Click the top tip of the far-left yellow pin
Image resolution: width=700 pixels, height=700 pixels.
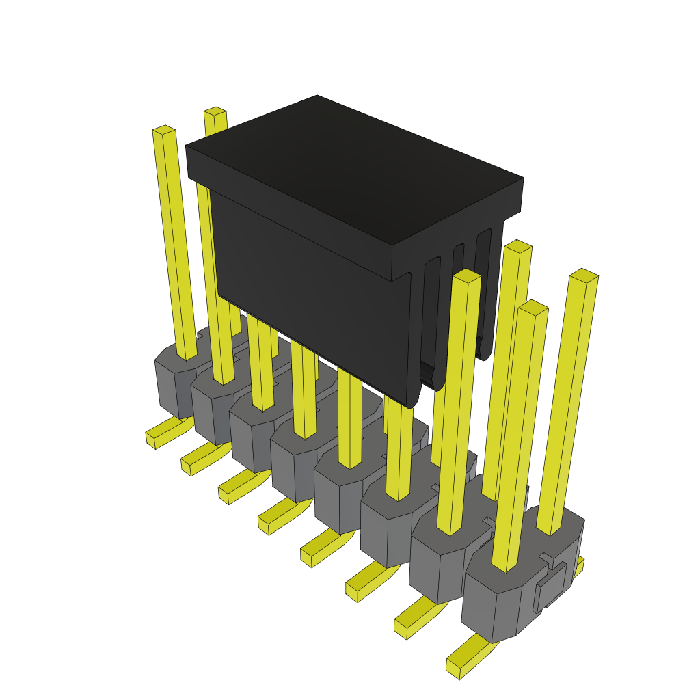163,129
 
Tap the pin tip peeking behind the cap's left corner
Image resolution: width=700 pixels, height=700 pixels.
215,111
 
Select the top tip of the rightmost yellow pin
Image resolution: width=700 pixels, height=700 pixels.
584,275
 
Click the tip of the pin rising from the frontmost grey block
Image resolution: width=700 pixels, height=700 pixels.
533,308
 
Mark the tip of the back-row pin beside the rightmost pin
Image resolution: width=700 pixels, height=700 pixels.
517,246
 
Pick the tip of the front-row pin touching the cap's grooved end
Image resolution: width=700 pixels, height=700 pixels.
467,275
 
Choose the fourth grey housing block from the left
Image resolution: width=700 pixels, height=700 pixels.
291,465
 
